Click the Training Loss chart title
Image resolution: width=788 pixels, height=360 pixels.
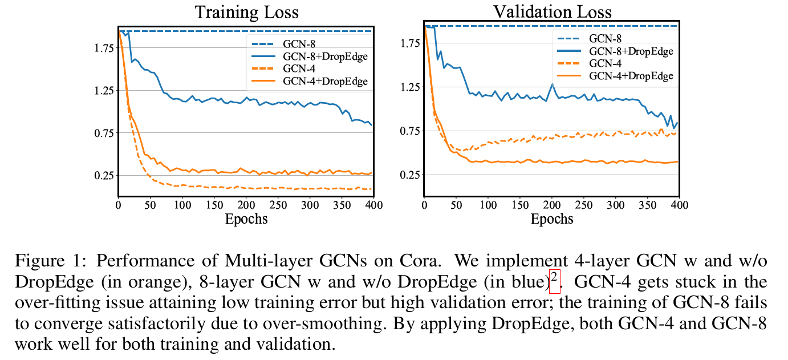246,12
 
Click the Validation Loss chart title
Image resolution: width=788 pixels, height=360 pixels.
552,12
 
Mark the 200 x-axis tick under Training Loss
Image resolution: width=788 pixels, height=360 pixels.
246,205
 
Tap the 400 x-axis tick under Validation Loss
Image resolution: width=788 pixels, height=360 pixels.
677,205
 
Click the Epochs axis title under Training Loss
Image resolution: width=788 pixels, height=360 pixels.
246,219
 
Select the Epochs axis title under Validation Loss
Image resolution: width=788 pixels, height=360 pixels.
552,219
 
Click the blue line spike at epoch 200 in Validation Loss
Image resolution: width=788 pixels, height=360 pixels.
552,84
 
